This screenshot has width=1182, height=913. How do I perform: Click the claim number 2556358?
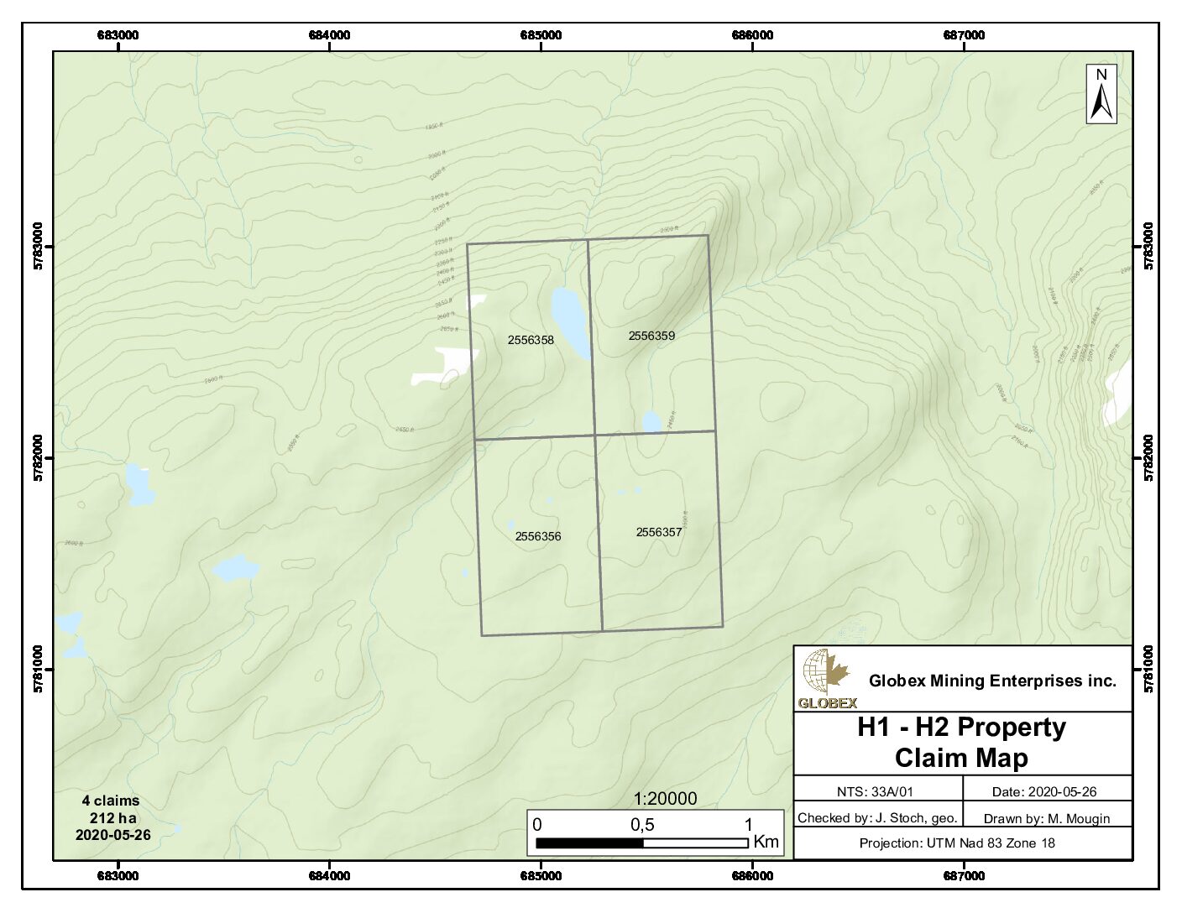531,340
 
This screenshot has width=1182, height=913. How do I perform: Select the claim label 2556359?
651,336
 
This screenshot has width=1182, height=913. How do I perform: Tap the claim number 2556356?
538,536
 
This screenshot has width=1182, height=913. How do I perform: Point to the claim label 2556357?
659,532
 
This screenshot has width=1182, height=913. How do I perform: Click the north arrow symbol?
1101,94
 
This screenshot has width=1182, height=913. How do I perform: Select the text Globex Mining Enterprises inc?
992,681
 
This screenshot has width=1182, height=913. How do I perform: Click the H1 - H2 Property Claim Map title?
962,743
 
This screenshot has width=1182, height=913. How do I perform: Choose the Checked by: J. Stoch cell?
877,817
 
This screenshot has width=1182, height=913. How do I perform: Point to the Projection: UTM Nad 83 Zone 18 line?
957,843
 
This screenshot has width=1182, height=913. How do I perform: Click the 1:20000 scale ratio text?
665,799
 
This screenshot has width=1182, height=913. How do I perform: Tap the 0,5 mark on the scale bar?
642,825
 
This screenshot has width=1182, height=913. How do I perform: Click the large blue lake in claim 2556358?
570,322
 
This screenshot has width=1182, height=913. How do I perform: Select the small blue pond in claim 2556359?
651,422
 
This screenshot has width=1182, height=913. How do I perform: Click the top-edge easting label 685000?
541,35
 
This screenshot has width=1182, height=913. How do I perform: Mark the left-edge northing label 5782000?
37,458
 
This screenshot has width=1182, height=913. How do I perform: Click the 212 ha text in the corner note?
112,818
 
